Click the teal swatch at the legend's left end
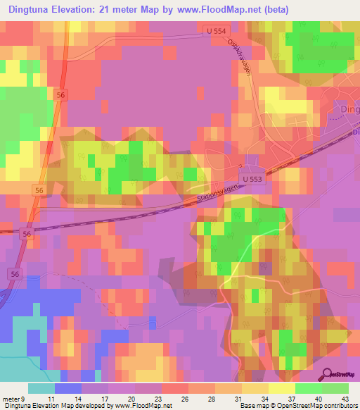coord(41,388)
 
